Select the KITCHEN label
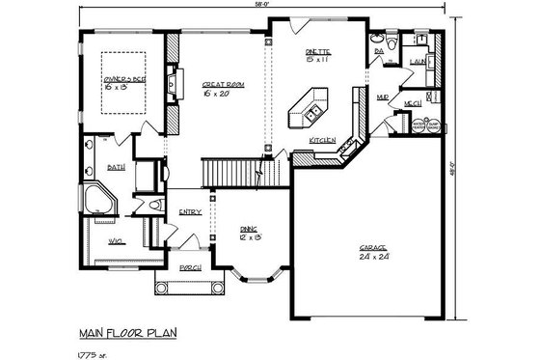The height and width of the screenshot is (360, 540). (322, 142)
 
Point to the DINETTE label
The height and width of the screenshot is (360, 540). (318, 51)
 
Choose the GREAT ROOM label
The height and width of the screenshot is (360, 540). (223, 85)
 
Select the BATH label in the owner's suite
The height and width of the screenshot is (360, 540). (116, 167)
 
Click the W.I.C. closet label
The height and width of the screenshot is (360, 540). (114, 240)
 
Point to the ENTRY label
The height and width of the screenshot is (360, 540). (189, 212)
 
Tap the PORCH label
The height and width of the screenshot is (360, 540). (190, 267)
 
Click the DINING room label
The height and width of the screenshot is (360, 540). (249, 228)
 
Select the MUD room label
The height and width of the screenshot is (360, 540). (383, 97)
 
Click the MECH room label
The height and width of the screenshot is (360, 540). (412, 103)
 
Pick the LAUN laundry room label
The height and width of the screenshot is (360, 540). (418, 61)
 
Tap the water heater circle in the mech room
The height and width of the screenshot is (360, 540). (419, 125)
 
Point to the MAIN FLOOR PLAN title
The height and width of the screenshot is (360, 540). (127, 333)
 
